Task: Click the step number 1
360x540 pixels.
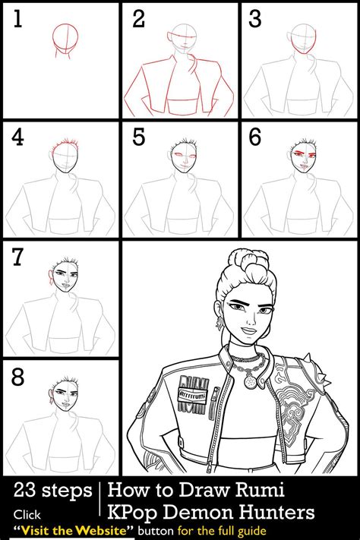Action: pos(17,19)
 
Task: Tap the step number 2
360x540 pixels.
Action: pos(138,19)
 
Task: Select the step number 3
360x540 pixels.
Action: pos(256,19)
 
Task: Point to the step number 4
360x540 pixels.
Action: pos(17,138)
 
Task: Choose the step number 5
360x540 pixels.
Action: pos(138,138)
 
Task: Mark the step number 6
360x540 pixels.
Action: pos(256,138)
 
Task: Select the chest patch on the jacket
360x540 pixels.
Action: pos(192,396)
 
